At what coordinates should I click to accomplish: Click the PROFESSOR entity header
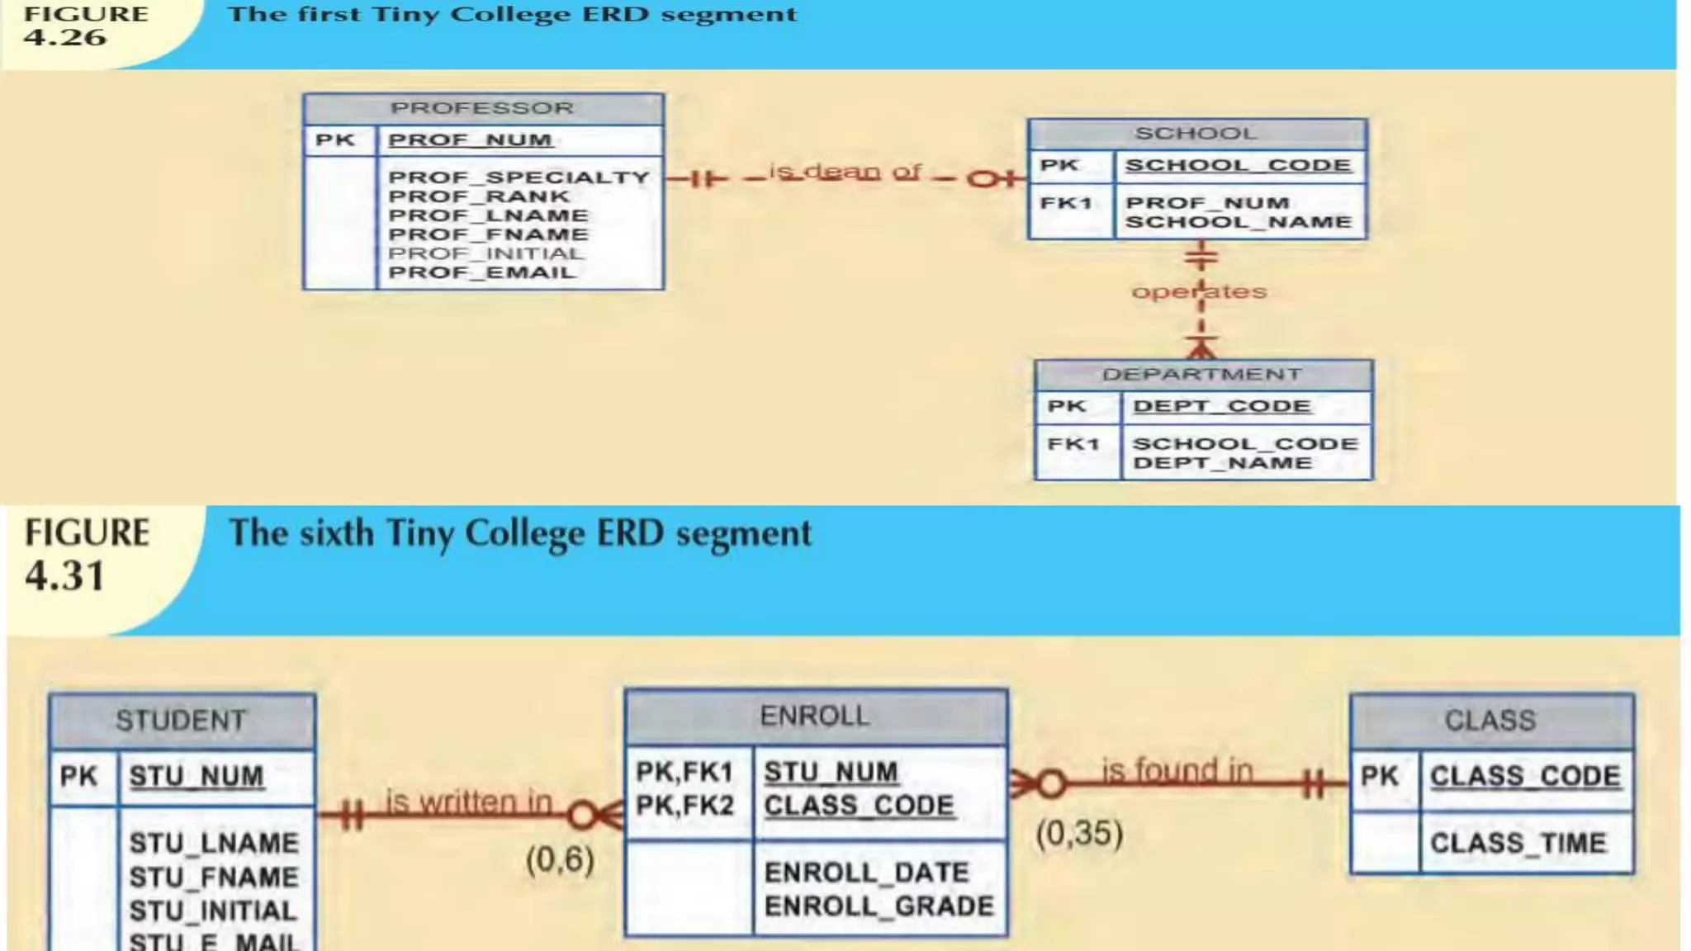(482, 108)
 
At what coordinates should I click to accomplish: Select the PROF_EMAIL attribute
(481, 272)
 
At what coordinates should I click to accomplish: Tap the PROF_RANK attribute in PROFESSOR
(479, 196)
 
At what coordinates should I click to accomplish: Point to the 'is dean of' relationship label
(845, 172)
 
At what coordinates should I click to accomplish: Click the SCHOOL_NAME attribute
(1238, 222)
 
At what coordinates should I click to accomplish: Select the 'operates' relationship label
(1198, 291)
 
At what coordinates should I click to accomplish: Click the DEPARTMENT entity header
(1202, 375)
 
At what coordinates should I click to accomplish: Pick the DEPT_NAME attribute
(1222, 463)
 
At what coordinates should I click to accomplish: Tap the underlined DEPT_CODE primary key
(1221, 406)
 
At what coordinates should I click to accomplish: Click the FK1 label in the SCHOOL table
(1066, 203)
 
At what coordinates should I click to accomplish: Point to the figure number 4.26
(65, 37)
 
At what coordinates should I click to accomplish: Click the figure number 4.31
(65, 575)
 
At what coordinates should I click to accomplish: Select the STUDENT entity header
(181, 721)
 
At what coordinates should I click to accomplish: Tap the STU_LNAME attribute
(214, 843)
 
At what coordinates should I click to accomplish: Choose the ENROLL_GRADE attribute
(879, 906)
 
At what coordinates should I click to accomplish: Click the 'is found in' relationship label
(1177, 771)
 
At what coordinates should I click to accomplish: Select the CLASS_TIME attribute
(1518, 843)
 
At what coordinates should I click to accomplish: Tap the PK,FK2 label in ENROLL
(684, 806)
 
